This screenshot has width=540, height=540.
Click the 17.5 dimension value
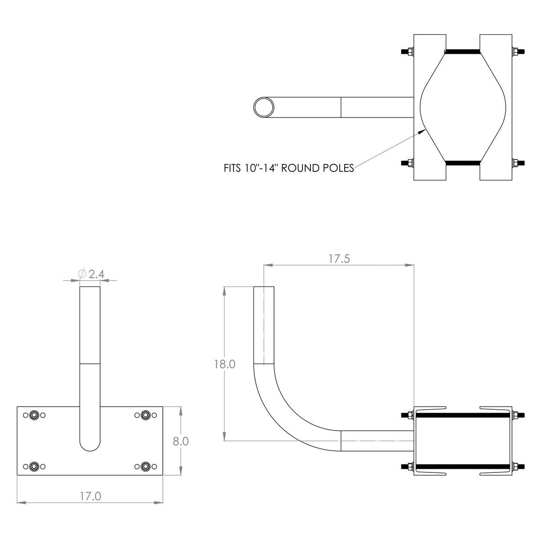point(339,259)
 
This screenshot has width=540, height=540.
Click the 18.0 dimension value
point(225,364)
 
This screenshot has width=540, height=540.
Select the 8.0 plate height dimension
point(181,441)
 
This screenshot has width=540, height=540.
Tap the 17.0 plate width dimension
point(90,496)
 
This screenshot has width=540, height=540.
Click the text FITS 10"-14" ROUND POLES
point(289,168)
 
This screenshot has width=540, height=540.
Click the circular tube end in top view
point(264,107)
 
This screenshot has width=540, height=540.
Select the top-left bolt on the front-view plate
point(34,415)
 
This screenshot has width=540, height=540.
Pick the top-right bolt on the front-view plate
point(145,415)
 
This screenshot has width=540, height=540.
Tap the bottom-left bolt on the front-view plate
point(34,467)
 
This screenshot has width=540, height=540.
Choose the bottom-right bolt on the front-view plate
point(145,467)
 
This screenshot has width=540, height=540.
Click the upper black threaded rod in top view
point(463,52)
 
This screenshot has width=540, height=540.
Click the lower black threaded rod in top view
point(463,163)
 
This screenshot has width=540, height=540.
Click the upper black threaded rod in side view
point(463,415)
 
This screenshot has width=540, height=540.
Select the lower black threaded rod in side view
point(463,467)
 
